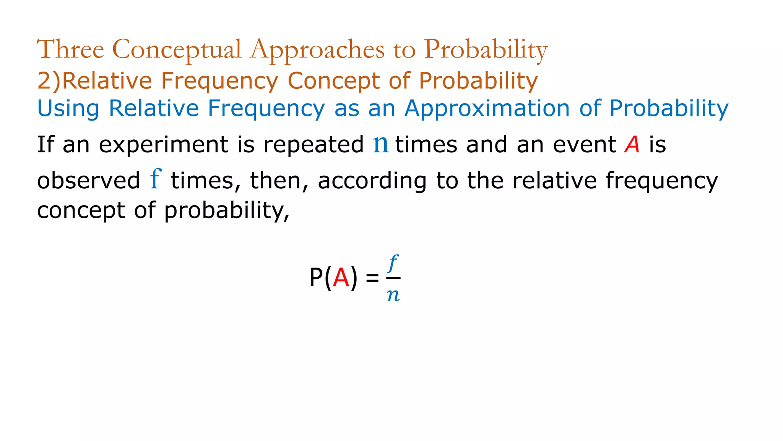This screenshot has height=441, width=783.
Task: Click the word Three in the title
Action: point(70,49)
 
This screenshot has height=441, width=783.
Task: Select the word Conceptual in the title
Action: point(177,50)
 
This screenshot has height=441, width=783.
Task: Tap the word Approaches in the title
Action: point(317,50)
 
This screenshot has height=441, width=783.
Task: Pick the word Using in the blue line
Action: point(68,109)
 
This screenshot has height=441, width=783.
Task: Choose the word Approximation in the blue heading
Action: point(487,109)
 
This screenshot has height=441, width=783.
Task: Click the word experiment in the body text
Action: point(164,145)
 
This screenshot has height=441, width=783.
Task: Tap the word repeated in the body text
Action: point(314,145)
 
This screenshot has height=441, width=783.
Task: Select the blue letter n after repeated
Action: point(380,144)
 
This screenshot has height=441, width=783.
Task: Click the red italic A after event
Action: point(632,145)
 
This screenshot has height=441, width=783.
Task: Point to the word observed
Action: point(88,181)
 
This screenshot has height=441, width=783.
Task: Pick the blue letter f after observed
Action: point(156,179)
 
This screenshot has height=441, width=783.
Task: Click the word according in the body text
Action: point(372,181)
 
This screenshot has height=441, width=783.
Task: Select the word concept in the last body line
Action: point(81,211)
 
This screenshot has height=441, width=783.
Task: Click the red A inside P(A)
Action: point(341,278)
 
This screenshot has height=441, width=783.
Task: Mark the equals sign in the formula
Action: point(372,278)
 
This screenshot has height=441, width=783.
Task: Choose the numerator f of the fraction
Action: point(393,263)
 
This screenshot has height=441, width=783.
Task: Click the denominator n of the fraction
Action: point(393,295)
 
